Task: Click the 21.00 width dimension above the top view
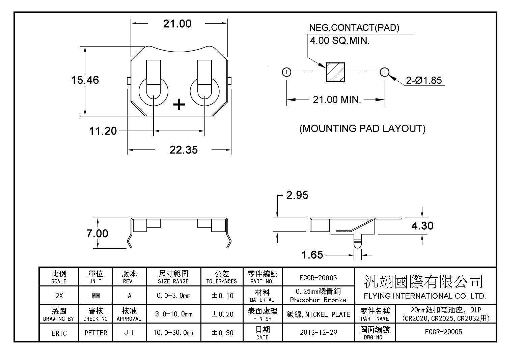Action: pyautogui.click(x=177, y=24)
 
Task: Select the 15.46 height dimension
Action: pyautogui.click(x=85, y=80)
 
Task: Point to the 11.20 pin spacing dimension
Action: pyautogui.click(x=103, y=131)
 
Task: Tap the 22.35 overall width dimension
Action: pyautogui.click(x=184, y=150)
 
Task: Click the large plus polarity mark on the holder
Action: pyautogui.click(x=179, y=105)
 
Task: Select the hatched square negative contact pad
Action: pyautogui.click(x=335, y=72)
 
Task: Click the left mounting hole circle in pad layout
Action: pyautogui.click(x=286, y=72)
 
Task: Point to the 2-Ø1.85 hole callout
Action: pyautogui.click(x=424, y=80)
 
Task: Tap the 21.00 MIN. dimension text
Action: pyautogui.click(x=337, y=100)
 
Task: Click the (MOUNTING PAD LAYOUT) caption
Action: pyautogui.click(x=362, y=129)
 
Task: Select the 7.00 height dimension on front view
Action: pyautogui.click(x=97, y=233)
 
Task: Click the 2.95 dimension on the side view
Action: pyautogui.click(x=297, y=195)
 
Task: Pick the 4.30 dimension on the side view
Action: pyautogui.click(x=422, y=226)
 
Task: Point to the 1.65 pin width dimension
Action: pyautogui.click(x=312, y=255)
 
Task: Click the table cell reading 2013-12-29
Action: pyautogui.click(x=319, y=332)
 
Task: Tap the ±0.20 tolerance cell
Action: pyautogui.click(x=222, y=314)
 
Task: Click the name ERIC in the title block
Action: pyautogui.click(x=59, y=333)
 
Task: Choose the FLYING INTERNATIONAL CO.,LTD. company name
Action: pyautogui.click(x=425, y=296)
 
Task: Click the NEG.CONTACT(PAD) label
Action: pyautogui.click(x=354, y=28)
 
